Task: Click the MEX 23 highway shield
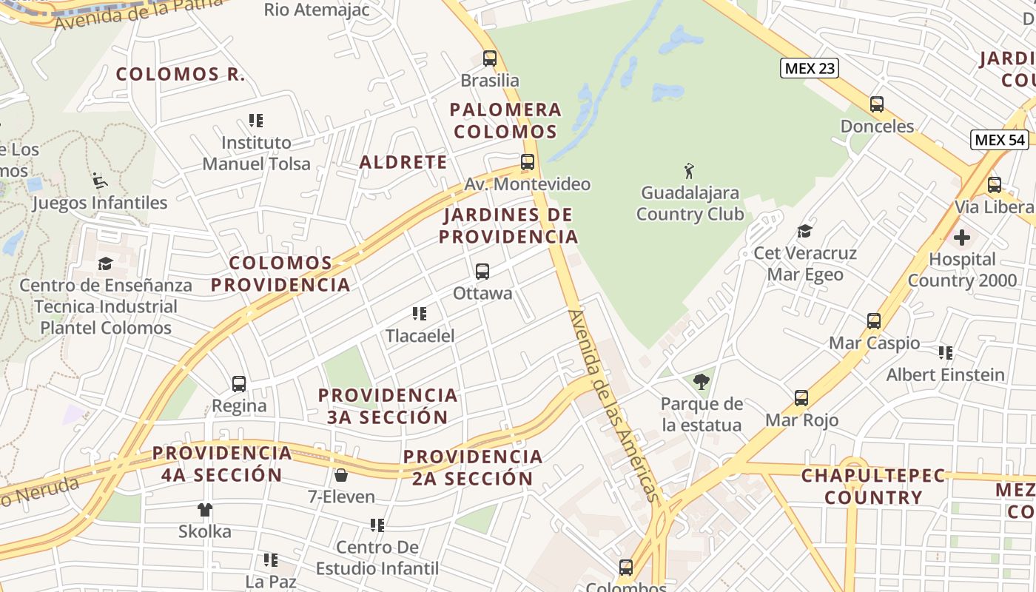coord(810,69)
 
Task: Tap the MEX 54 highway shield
coord(1000,140)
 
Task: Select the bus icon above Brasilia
coord(489,58)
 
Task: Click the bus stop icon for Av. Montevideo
coord(527,162)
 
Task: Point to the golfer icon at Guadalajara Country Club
coord(690,171)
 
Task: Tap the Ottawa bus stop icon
coord(482,272)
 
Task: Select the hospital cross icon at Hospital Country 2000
coord(961,238)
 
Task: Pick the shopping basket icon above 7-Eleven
coord(341,474)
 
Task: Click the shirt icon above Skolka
coord(205,509)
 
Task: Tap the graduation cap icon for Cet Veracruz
coord(804,232)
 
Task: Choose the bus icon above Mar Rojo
coord(801,398)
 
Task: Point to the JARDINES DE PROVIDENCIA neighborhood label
coord(508,226)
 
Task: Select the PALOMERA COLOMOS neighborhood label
coord(506,121)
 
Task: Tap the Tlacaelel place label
coord(420,335)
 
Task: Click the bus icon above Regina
coord(238,384)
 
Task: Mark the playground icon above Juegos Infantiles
coord(99,181)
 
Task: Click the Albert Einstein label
coord(946,374)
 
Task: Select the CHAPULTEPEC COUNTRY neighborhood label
coord(873,486)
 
